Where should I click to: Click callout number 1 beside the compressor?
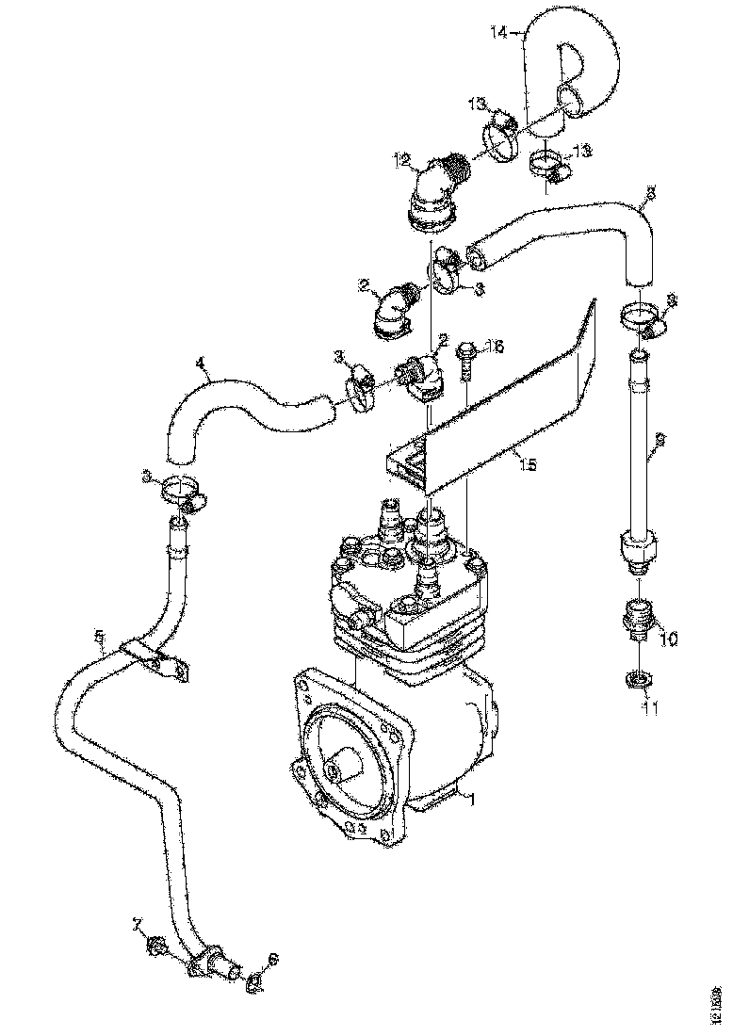(473, 799)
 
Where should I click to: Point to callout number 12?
(402, 161)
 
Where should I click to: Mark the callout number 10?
(668, 639)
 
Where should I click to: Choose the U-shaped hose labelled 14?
(575, 66)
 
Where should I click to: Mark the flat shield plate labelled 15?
(509, 405)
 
